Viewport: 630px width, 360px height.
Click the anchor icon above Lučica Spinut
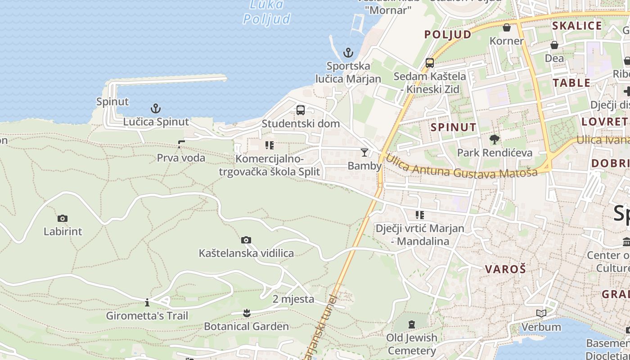(155, 108)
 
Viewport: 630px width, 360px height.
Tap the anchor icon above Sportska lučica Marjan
(348, 53)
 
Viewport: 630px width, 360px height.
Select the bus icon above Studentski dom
(301, 110)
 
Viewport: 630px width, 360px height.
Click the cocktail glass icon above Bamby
(364, 153)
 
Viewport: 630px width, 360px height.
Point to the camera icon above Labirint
(63, 219)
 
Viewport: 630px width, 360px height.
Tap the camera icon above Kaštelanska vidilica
(246, 240)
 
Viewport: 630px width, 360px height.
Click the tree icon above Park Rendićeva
(495, 139)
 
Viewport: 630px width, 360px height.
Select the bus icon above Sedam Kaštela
(430, 63)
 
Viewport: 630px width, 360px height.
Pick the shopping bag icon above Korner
(507, 27)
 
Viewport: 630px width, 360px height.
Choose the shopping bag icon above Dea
(554, 45)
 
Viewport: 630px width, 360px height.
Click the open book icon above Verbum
(541, 313)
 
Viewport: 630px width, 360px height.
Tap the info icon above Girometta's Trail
(147, 302)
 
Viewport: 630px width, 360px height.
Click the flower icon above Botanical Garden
(246, 312)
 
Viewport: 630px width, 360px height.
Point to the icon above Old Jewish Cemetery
(411, 324)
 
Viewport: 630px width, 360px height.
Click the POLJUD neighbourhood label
(448, 35)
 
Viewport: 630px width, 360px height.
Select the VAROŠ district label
(505, 270)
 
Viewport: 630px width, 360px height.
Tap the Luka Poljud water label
(267, 12)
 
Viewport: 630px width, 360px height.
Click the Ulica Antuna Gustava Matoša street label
(462, 166)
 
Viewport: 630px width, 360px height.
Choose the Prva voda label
(181, 158)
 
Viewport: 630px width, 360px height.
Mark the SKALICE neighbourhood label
(577, 26)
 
